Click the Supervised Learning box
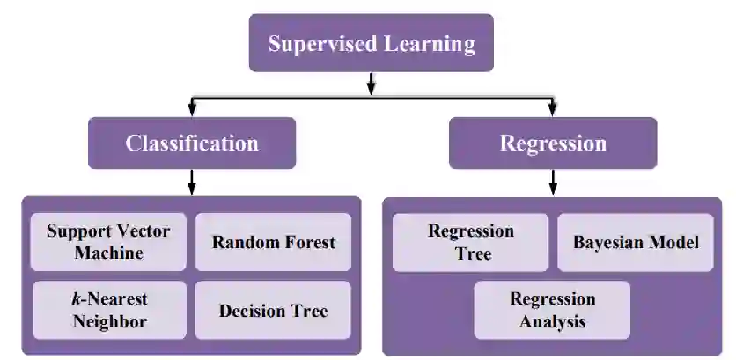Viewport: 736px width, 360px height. point(372,43)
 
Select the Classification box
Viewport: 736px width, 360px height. point(192,143)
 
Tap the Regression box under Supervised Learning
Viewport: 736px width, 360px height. point(553,143)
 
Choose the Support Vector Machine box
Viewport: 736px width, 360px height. point(108,242)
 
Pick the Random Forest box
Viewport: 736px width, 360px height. point(273,242)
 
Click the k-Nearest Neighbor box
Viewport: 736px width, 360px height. point(108,310)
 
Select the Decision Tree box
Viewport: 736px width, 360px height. point(273,310)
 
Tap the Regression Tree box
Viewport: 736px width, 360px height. point(470,242)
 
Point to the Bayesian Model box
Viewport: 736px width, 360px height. point(636,242)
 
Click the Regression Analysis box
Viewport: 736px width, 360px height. point(552,310)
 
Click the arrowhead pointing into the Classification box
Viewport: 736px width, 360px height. point(192,110)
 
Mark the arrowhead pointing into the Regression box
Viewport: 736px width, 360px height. point(553,110)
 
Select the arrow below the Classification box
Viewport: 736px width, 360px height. point(192,182)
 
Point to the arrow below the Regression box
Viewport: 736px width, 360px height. point(553,182)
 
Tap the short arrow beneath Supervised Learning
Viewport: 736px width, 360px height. point(372,83)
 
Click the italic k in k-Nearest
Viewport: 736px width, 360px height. point(76,299)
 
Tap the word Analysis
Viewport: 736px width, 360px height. point(552,321)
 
